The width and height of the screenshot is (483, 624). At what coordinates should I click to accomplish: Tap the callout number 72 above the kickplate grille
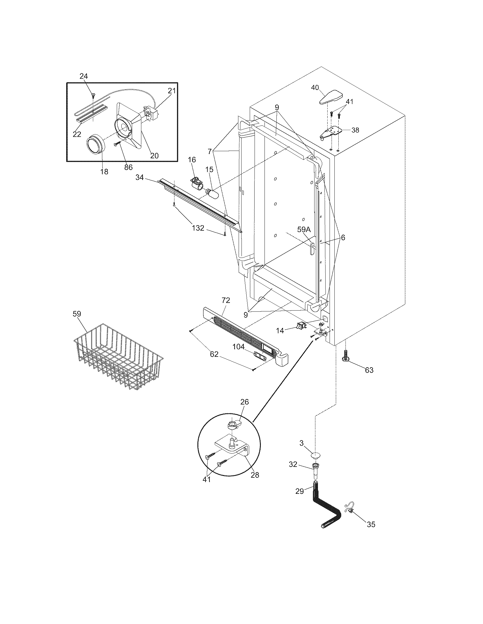(x=226, y=300)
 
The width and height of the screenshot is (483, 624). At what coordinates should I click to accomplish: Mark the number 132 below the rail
(x=198, y=228)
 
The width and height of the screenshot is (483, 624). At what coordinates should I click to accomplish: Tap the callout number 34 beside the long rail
(x=139, y=178)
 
